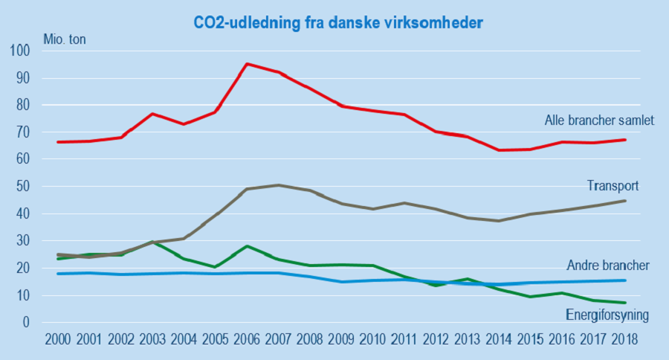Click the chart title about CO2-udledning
coord(338,23)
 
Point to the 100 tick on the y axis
coord(19,51)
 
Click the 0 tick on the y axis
coord(25,323)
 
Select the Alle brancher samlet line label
coord(599,120)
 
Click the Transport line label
coord(613,186)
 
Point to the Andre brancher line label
coord(608,266)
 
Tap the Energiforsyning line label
coord(607,315)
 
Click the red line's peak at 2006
coord(246,64)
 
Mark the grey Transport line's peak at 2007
coord(277,185)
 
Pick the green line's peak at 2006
coord(246,246)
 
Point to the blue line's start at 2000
coord(58,274)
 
